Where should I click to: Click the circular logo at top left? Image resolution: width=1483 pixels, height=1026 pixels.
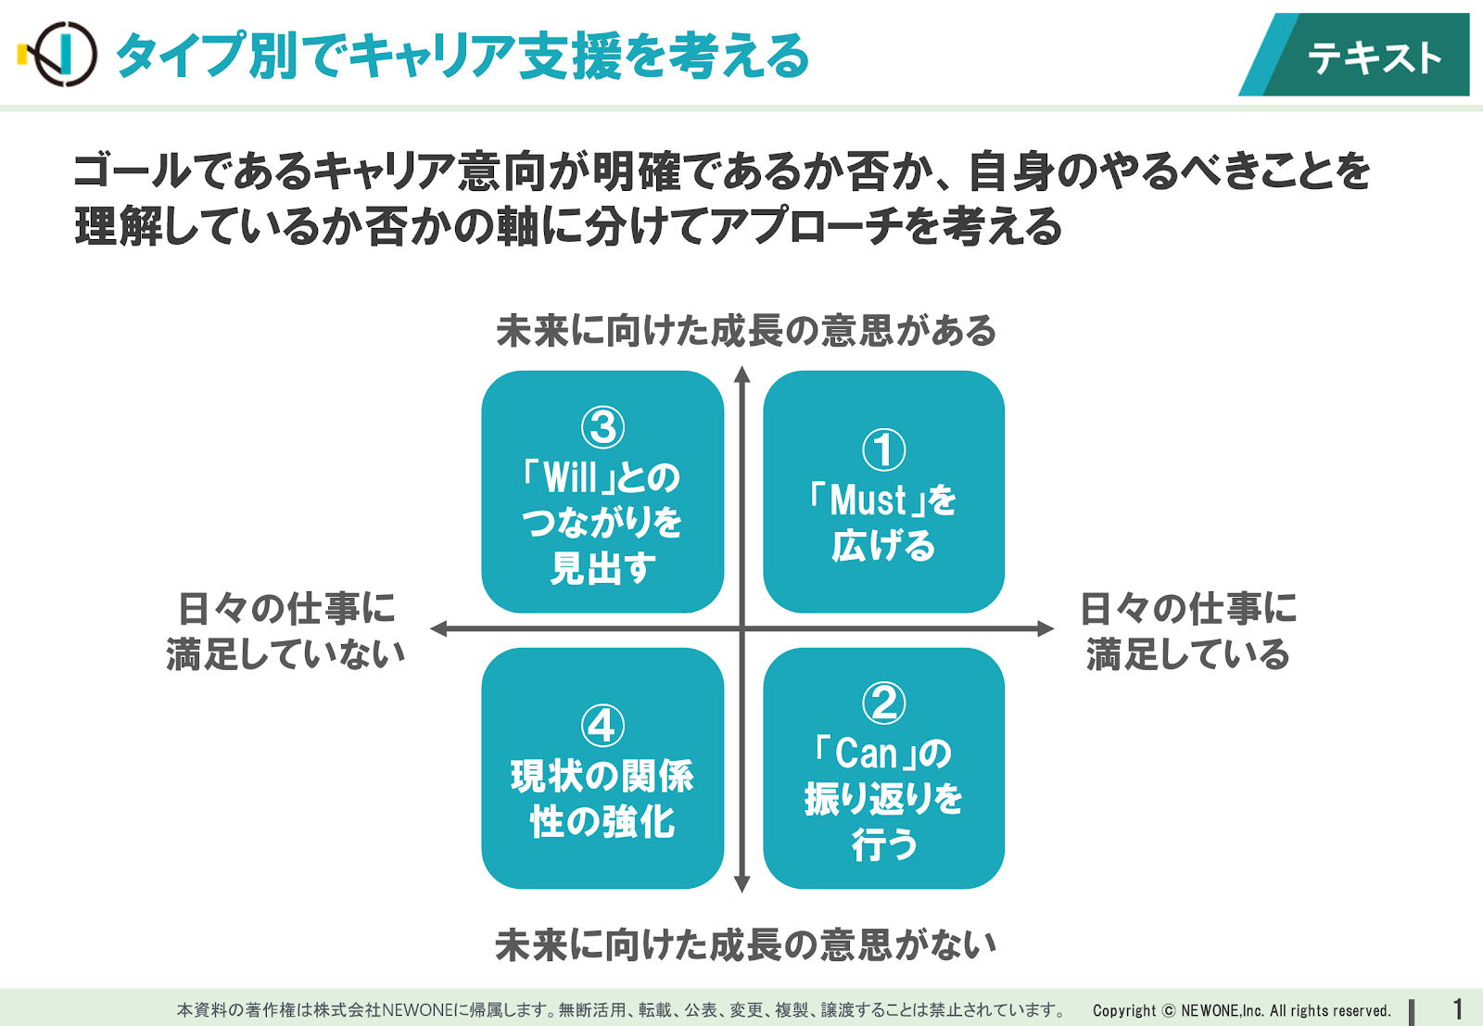[x=64, y=55]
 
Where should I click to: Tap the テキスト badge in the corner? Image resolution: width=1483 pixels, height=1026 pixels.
[x=1354, y=55]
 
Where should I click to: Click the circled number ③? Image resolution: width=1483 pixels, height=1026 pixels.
[x=602, y=427]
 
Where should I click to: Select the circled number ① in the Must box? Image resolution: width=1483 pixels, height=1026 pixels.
[x=884, y=450]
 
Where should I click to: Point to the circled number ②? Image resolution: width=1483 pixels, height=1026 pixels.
[x=884, y=703]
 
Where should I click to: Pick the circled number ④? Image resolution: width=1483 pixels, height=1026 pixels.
[x=602, y=726]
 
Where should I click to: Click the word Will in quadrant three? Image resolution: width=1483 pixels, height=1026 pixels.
[x=570, y=477]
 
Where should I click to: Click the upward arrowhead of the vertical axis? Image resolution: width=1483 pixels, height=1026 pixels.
[x=742, y=374]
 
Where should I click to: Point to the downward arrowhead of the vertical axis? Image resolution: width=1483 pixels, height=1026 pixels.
[x=742, y=884]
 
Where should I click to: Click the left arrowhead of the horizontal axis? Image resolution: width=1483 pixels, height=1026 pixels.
[x=439, y=628]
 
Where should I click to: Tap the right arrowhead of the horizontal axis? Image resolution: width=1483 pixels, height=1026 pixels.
[x=1046, y=628]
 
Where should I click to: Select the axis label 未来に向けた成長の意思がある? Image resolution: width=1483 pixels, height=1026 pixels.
[x=746, y=331]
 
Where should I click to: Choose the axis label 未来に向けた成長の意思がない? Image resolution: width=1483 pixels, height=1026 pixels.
[x=746, y=944]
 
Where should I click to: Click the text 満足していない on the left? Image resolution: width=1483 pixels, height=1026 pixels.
[x=285, y=654]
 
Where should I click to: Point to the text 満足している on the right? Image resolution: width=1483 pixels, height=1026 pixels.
[x=1188, y=654]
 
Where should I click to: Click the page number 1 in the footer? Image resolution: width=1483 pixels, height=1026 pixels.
[x=1457, y=1008]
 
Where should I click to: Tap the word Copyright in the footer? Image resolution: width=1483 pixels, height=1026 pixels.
[x=1124, y=1011]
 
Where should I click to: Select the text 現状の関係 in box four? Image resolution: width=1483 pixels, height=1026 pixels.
[x=602, y=776]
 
